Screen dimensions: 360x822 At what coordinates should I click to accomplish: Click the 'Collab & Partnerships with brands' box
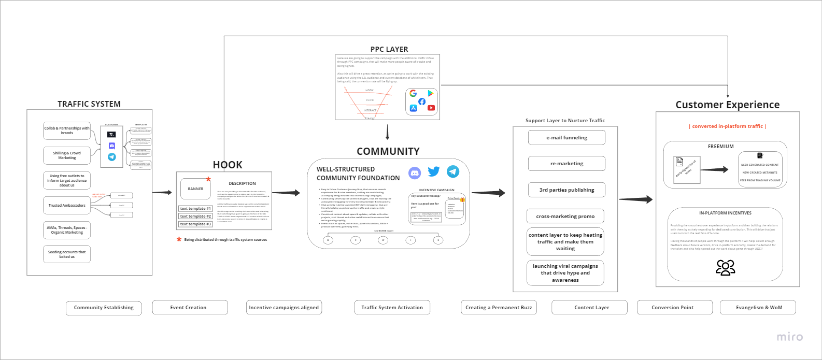(x=67, y=131)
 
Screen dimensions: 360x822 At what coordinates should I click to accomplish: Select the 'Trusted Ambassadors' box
(x=67, y=206)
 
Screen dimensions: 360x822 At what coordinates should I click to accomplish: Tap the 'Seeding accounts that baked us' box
(x=67, y=254)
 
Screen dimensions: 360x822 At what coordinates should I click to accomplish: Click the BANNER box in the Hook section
(x=195, y=189)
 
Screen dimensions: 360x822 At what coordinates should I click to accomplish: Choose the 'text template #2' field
(x=195, y=217)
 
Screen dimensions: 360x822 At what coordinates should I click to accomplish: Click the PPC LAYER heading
(x=389, y=49)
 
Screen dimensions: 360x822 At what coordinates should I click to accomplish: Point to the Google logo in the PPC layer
(x=413, y=93)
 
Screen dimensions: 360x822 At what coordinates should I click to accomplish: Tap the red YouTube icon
(x=431, y=108)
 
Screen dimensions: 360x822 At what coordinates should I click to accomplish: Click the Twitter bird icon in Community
(x=434, y=171)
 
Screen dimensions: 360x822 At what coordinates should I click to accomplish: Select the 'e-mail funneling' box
(x=566, y=138)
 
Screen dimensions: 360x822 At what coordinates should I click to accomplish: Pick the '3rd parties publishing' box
(x=566, y=190)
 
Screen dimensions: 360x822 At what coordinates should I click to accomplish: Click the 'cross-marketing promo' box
(x=565, y=217)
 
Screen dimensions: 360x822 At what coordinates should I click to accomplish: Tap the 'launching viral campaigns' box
(x=565, y=273)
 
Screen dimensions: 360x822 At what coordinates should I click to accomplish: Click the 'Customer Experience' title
(x=727, y=105)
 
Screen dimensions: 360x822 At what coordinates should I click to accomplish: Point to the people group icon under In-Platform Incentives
(x=725, y=267)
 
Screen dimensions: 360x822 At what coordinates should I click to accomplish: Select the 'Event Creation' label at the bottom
(x=188, y=308)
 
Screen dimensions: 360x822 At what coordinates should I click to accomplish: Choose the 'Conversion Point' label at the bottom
(x=672, y=308)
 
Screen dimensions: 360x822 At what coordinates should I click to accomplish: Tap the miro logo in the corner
(x=789, y=337)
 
